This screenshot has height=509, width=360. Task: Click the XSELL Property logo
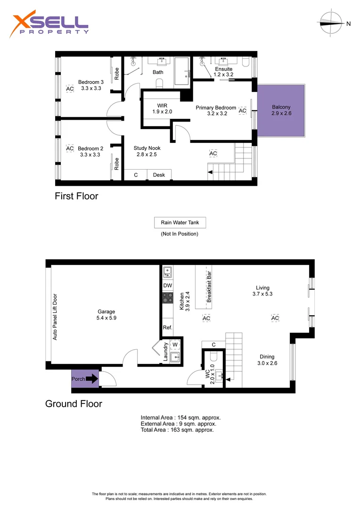point(49,26)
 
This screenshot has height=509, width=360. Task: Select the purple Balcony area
point(281,110)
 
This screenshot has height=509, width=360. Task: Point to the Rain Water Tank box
point(180,222)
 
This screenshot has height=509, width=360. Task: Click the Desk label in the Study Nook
point(159,175)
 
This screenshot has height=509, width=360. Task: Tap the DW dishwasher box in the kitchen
point(167,286)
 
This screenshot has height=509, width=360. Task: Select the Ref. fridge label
point(167,328)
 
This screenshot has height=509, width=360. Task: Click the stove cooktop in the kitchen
point(168,297)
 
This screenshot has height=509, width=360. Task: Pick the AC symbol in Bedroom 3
point(70,89)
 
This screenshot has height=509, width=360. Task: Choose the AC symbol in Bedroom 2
point(70,148)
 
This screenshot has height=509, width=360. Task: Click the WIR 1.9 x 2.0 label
point(162,108)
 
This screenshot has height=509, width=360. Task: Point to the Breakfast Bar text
point(209,287)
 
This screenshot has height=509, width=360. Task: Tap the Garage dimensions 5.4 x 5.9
point(106,318)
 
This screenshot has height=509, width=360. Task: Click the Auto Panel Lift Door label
point(55,317)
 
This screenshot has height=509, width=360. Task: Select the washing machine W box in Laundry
point(175,345)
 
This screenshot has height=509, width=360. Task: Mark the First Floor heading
point(76,196)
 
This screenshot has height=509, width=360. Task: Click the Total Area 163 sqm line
point(177,430)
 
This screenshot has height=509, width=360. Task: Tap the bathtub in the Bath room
point(181,72)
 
